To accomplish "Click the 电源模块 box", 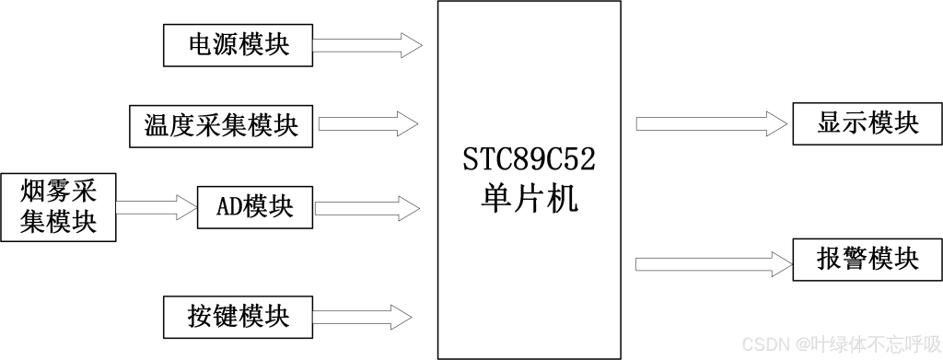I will click(x=238, y=45).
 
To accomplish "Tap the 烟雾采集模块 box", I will click(x=58, y=206).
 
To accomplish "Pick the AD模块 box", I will click(x=255, y=206).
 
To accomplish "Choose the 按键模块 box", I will click(x=238, y=316).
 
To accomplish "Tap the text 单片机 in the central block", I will click(x=529, y=199).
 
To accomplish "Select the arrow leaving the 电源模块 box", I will click(x=367, y=44).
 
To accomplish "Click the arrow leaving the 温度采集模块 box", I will click(x=367, y=122).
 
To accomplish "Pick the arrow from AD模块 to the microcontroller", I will click(x=367, y=206).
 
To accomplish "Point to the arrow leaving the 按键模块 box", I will click(x=367, y=316).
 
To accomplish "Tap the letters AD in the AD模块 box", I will click(x=228, y=206).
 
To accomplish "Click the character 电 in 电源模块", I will click(x=200, y=45).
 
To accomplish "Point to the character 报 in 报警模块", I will click(x=830, y=259).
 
